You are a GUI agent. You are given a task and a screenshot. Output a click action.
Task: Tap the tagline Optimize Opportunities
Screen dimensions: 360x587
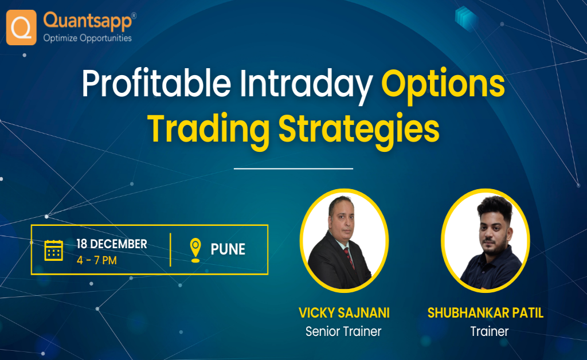coord(88,38)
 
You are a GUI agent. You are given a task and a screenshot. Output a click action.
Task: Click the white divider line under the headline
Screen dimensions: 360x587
coord(293,169)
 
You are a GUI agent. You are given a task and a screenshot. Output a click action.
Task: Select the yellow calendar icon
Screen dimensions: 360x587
coord(54,250)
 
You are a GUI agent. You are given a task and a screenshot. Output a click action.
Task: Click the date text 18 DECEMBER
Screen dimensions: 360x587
coord(112,244)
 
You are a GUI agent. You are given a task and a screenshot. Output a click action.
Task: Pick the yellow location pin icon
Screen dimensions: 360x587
coord(195,250)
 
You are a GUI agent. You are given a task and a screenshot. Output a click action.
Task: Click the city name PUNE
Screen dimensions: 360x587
coord(228,250)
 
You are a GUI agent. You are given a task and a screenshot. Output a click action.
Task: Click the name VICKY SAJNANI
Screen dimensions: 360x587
coord(343,313)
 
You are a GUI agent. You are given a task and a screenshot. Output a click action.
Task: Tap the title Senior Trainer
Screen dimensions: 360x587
coord(343,331)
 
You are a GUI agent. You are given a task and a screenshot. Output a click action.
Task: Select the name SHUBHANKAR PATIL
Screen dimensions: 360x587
coord(485,313)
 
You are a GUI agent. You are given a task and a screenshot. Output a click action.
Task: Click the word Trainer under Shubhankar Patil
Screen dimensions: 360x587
coord(489,331)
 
